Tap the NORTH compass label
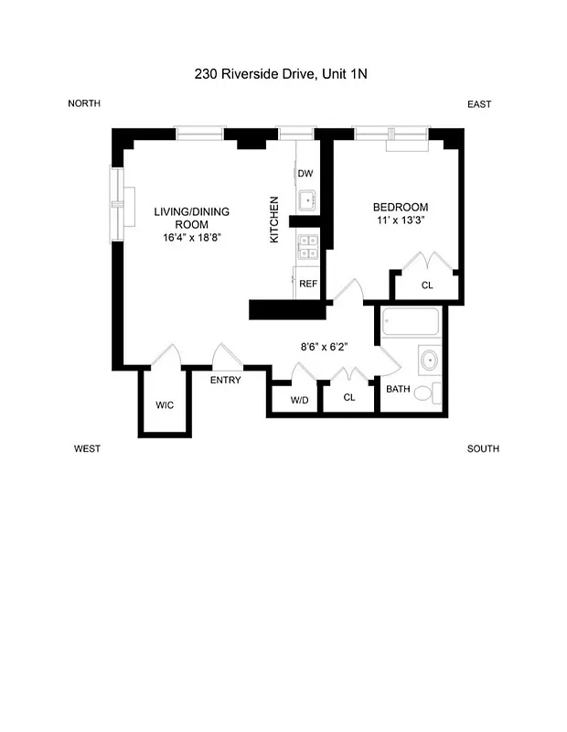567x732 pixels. pyautogui.click(x=84, y=103)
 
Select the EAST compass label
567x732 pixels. pyautogui.click(x=479, y=104)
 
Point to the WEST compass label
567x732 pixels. pyautogui.click(x=87, y=448)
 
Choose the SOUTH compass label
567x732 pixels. pyautogui.click(x=483, y=448)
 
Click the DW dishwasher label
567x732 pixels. pyautogui.click(x=305, y=174)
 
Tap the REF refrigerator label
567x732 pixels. pyautogui.click(x=308, y=284)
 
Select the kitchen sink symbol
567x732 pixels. pyautogui.click(x=306, y=200)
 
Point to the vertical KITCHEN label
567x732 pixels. pyautogui.click(x=273, y=220)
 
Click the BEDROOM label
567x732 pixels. pyautogui.click(x=401, y=207)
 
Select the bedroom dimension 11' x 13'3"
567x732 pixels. pyautogui.click(x=401, y=221)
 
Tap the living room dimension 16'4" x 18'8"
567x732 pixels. pyautogui.click(x=191, y=237)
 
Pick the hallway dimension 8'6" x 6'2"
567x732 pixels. pyautogui.click(x=326, y=347)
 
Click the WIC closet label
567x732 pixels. pyautogui.click(x=165, y=404)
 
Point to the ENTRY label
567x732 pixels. pyautogui.click(x=226, y=380)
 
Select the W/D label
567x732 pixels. pyautogui.click(x=300, y=399)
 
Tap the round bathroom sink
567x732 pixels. pyautogui.click(x=428, y=361)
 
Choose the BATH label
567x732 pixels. pyautogui.click(x=398, y=389)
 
